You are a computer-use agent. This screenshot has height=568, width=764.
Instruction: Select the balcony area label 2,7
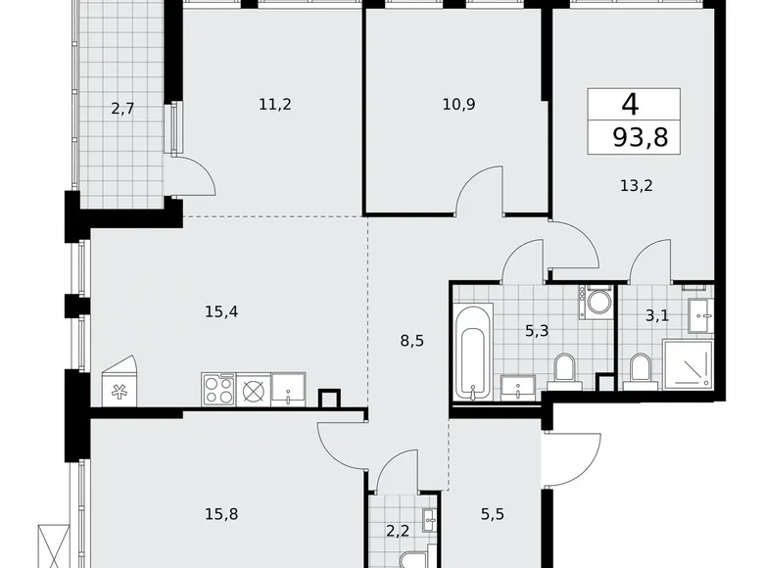point(122,109)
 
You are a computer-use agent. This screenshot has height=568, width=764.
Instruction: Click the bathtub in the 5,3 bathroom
point(472,352)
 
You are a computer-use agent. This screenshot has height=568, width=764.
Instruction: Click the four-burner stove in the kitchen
point(219,389)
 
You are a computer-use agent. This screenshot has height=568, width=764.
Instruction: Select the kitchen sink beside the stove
point(288,390)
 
